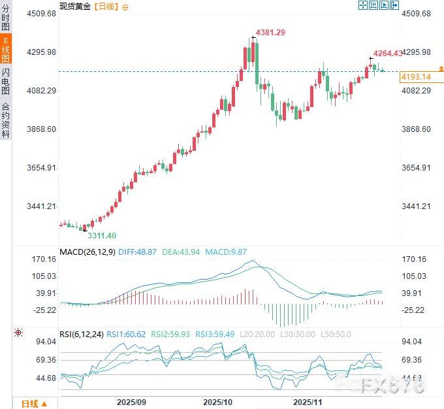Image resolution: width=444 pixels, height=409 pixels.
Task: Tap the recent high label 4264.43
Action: pyautogui.click(x=388, y=54)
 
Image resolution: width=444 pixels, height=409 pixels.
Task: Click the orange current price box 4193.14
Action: pyautogui.click(x=415, y=76)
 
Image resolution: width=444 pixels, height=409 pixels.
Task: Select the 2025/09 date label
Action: pyautogui.click(x=131, y=402)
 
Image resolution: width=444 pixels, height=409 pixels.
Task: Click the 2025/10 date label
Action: pyautogui.click(x=217, y=402)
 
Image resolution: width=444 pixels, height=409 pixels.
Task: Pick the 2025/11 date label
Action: pyautogui.click(x=308, y=402)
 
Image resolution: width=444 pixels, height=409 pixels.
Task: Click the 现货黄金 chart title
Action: pyautogui.click(x=76, y=6)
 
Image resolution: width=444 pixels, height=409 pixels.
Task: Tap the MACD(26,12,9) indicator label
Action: pyautogui.click(x=87, y=252)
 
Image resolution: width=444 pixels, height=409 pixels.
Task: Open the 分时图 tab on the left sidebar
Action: pyautogui.click(x=6, y=19)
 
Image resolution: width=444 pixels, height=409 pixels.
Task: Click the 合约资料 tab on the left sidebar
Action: pyautogui.click(x=6, y=120)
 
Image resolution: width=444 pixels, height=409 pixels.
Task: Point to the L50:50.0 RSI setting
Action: pyautogui.click(x=337, y=334)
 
